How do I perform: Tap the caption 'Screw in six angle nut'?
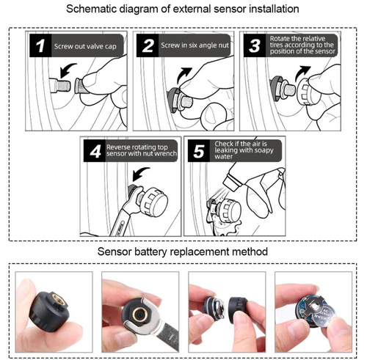tap(196, 46)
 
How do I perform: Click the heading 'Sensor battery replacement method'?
tap(183, 251)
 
